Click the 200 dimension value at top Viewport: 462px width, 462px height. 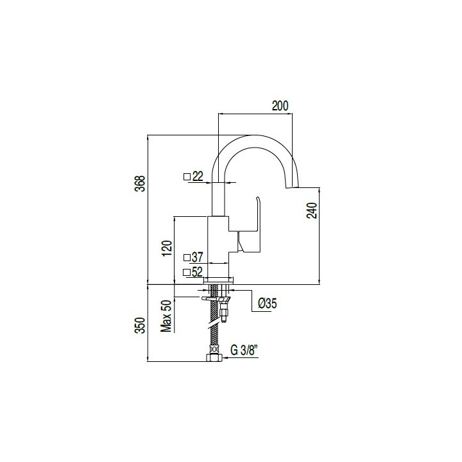point(280,105)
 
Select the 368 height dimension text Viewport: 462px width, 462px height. point(142,184)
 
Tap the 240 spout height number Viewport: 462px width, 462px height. point(312,210)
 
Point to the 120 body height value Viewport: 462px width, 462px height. point(167,248)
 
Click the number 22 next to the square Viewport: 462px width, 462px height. point(198,176)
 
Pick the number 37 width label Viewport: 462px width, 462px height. point(198,257)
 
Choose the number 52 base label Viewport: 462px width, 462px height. point(197,272)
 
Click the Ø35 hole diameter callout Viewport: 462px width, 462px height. point(267,303)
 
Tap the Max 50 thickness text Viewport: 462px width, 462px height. point(166,316)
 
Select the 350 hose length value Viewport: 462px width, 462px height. point(142,325)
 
